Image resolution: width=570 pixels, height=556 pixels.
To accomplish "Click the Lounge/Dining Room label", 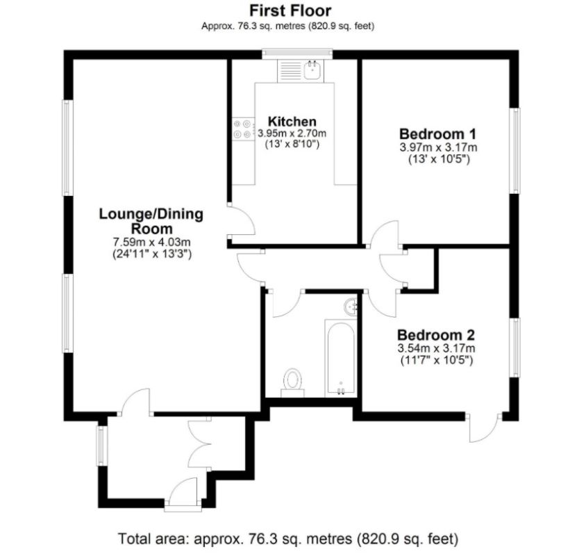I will pos(151,221).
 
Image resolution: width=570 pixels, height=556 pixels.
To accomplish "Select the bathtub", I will pos(340,357).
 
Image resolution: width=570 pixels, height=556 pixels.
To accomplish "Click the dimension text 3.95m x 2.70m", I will pos(292,133).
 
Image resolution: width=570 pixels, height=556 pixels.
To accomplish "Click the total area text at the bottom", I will pos(289,538).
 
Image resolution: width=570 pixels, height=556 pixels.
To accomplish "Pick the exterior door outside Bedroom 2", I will pos(484,427).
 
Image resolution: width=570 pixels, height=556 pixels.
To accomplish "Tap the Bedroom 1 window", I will pos(515,149).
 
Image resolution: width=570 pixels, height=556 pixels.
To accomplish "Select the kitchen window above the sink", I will pos(297,54).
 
